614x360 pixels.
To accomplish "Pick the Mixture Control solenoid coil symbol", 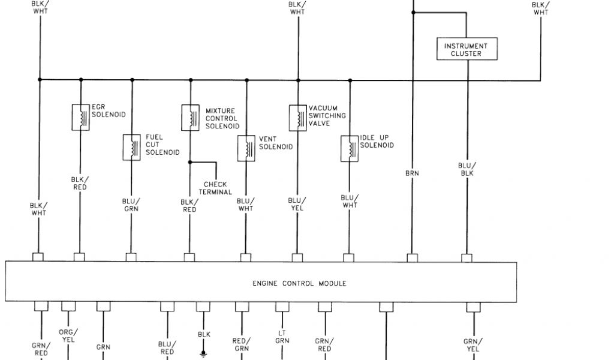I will (190, 117).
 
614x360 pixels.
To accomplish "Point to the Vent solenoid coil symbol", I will (246, 148).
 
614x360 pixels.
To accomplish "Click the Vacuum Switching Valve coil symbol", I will (297, 117).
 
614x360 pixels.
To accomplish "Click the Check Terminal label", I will (218, 188).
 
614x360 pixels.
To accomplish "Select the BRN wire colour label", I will (412, 173).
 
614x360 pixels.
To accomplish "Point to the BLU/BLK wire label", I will (467, 169).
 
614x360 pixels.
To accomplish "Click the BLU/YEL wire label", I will (297, 204).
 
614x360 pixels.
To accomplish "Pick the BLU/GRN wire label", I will (131, 205).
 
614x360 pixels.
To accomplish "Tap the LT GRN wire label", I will (282, 337).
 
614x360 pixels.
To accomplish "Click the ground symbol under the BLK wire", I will (204, 354).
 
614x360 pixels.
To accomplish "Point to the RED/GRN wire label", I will (241, 344).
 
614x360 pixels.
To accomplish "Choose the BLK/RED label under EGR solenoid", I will (80, 183).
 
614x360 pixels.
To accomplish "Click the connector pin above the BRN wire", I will (412, 257).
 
